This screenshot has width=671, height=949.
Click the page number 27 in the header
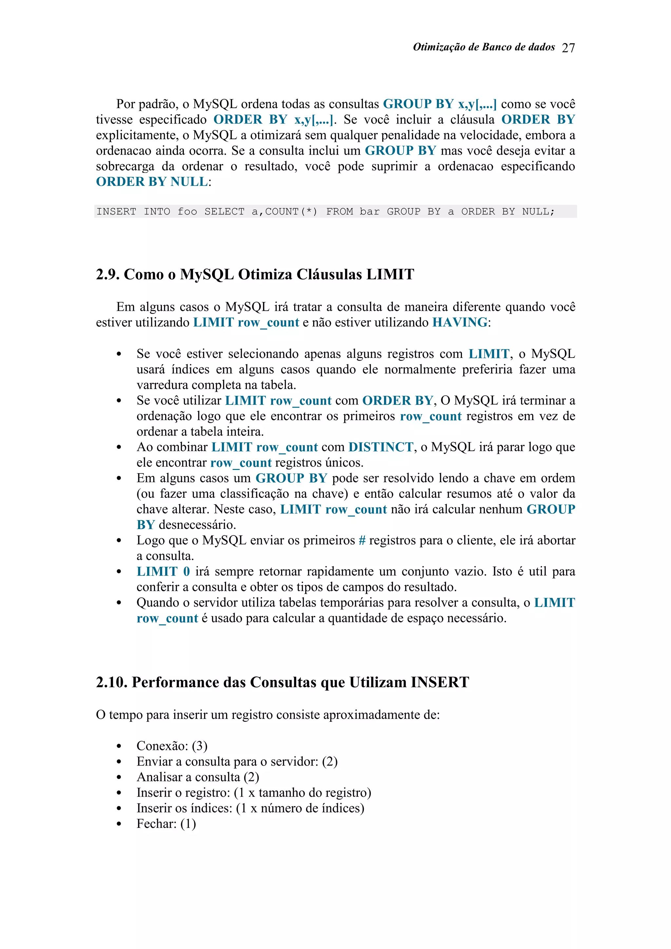568,48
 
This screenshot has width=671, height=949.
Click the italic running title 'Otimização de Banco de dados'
483,47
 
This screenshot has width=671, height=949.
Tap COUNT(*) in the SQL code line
291,212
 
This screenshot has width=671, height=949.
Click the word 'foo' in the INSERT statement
187,212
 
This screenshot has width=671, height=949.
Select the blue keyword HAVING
460,323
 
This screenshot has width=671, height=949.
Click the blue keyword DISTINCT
380,447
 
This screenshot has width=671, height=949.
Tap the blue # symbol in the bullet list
362,541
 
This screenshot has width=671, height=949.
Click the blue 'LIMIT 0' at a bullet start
163,572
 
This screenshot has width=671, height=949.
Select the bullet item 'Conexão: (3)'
172,746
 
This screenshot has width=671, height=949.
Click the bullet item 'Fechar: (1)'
166,824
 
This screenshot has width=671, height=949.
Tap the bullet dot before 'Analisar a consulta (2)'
119,777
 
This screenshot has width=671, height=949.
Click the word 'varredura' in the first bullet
163,385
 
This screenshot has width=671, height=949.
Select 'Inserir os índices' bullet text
184,808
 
